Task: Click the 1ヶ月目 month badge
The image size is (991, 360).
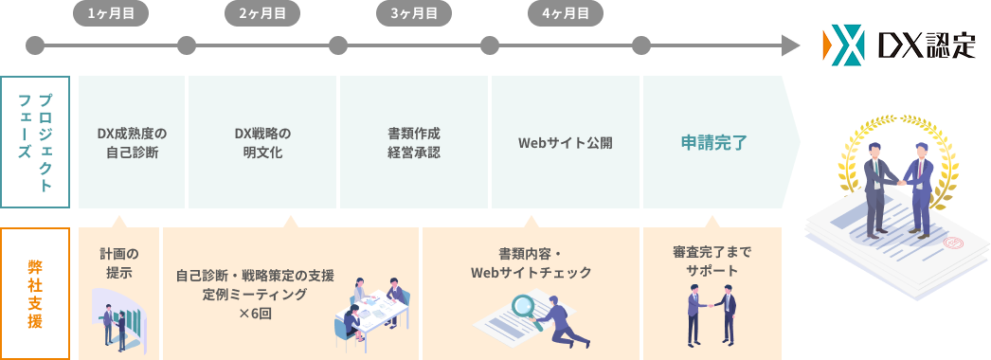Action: (x=111, y=13)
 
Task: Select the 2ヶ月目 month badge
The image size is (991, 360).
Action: (x=262, y=13)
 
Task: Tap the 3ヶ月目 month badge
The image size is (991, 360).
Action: (x=414, y=13)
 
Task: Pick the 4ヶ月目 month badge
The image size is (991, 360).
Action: (x=566, y=13)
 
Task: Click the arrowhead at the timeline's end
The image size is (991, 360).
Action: (x=789, y=45)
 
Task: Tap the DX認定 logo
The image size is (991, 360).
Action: (x=899, y=46)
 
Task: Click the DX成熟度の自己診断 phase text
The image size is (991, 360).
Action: (x=132, y=142)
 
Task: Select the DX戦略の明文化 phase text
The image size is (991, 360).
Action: (x=262, y=142)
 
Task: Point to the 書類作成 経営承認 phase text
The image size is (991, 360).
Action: (x=414, y=142)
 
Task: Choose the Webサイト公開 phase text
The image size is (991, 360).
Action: (x=566, y=143)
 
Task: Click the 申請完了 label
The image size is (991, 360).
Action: (x=714, y=143)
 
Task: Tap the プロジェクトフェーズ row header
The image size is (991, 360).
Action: (x=35, y=142)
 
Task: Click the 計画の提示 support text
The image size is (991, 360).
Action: (x=118, y=262)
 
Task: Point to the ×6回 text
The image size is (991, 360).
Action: (x=255, y=313)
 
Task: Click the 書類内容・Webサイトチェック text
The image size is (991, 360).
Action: (x=531, y=263)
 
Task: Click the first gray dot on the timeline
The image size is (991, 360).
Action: (x=35, y=45)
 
